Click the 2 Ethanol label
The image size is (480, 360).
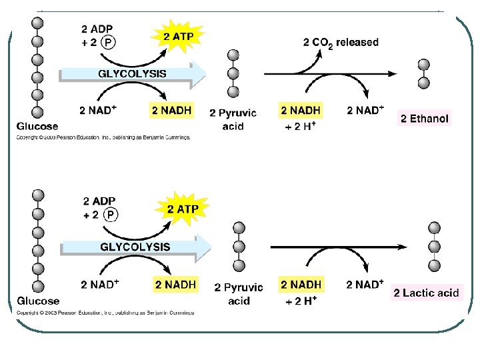425,119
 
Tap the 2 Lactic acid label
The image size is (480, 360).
426,293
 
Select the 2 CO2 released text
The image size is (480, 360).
341,42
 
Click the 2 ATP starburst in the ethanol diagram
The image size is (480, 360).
178,37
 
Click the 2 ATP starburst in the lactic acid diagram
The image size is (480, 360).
182,209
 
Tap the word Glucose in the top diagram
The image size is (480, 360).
38,126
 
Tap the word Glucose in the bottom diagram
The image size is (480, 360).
38,301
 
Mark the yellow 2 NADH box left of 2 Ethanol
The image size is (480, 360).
301,110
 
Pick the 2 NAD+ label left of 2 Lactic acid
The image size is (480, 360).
365,285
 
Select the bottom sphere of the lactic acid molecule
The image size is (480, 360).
434,265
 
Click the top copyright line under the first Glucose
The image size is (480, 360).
103,137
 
